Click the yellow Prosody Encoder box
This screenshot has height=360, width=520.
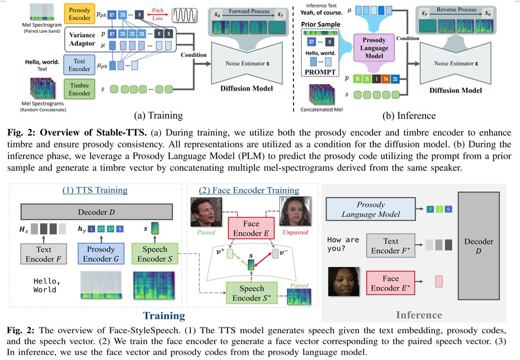80,15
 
